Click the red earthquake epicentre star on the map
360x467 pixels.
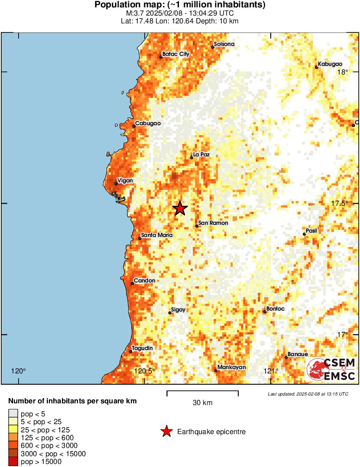[x=180, y=208]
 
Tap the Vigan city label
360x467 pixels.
[x=125, y=180]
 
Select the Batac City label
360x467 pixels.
[x=176, y=54]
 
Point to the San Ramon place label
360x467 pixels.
[x=213, y=223]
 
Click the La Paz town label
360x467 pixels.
[x=201, y=154]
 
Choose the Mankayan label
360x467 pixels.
[x=232, y=367]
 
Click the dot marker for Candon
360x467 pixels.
[x=132, y=284]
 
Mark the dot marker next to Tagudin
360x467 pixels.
[x=130, y=351]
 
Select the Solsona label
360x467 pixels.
[x=224, y=44]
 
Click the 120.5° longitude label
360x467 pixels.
[x=144, y=371]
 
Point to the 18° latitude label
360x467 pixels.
[x=343, y=72]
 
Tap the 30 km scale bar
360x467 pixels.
[x=202, y=393]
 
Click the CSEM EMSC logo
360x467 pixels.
[x=331, y=370]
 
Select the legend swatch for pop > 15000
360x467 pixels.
[x=13, y=462]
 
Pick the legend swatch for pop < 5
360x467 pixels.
[x=13, y=414]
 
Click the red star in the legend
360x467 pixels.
[x=166, y=431]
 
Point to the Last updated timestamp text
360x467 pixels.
[x=308, y=394]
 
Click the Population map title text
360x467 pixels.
[x=180, y=5]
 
